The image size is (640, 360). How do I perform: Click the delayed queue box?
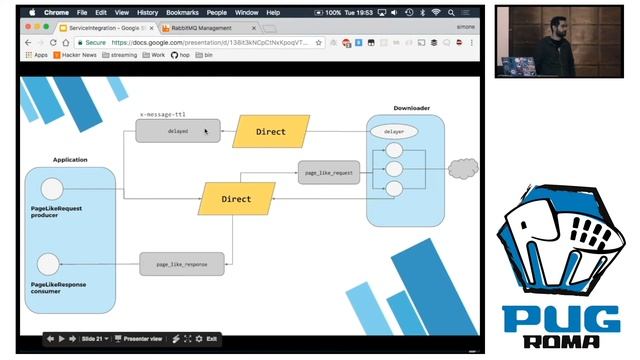[178, 131]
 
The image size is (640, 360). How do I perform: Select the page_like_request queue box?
[328, 172]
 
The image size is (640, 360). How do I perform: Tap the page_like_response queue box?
[182, 264]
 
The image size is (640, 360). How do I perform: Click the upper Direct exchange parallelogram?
[270, 131]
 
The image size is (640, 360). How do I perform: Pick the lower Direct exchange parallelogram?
[236, 199]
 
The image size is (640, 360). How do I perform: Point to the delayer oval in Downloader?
[393, 131]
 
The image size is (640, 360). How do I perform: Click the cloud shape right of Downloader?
[463, 169]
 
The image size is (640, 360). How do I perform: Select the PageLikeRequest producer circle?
[51, 189]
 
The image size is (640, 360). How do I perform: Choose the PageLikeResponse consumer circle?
[48, 264]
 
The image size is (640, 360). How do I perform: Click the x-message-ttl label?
[162, 114]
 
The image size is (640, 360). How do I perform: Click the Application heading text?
[70, 159]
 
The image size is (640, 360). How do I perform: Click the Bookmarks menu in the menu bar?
[182, 12]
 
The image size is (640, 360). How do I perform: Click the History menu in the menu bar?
[147, 12]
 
